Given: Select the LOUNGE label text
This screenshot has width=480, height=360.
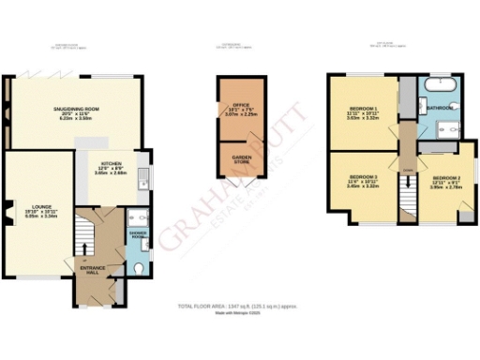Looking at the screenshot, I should (38, 206).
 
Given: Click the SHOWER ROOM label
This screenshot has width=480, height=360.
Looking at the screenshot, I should (139, 236).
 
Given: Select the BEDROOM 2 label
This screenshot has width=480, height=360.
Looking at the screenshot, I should (446, 178).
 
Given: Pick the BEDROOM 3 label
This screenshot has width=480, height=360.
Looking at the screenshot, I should (363, 177).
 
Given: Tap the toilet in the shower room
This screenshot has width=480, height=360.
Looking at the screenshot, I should (139, 267).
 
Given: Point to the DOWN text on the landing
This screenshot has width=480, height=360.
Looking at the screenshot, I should (408, 169).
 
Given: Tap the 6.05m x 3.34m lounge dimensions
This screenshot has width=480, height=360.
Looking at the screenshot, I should (39, 218).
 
